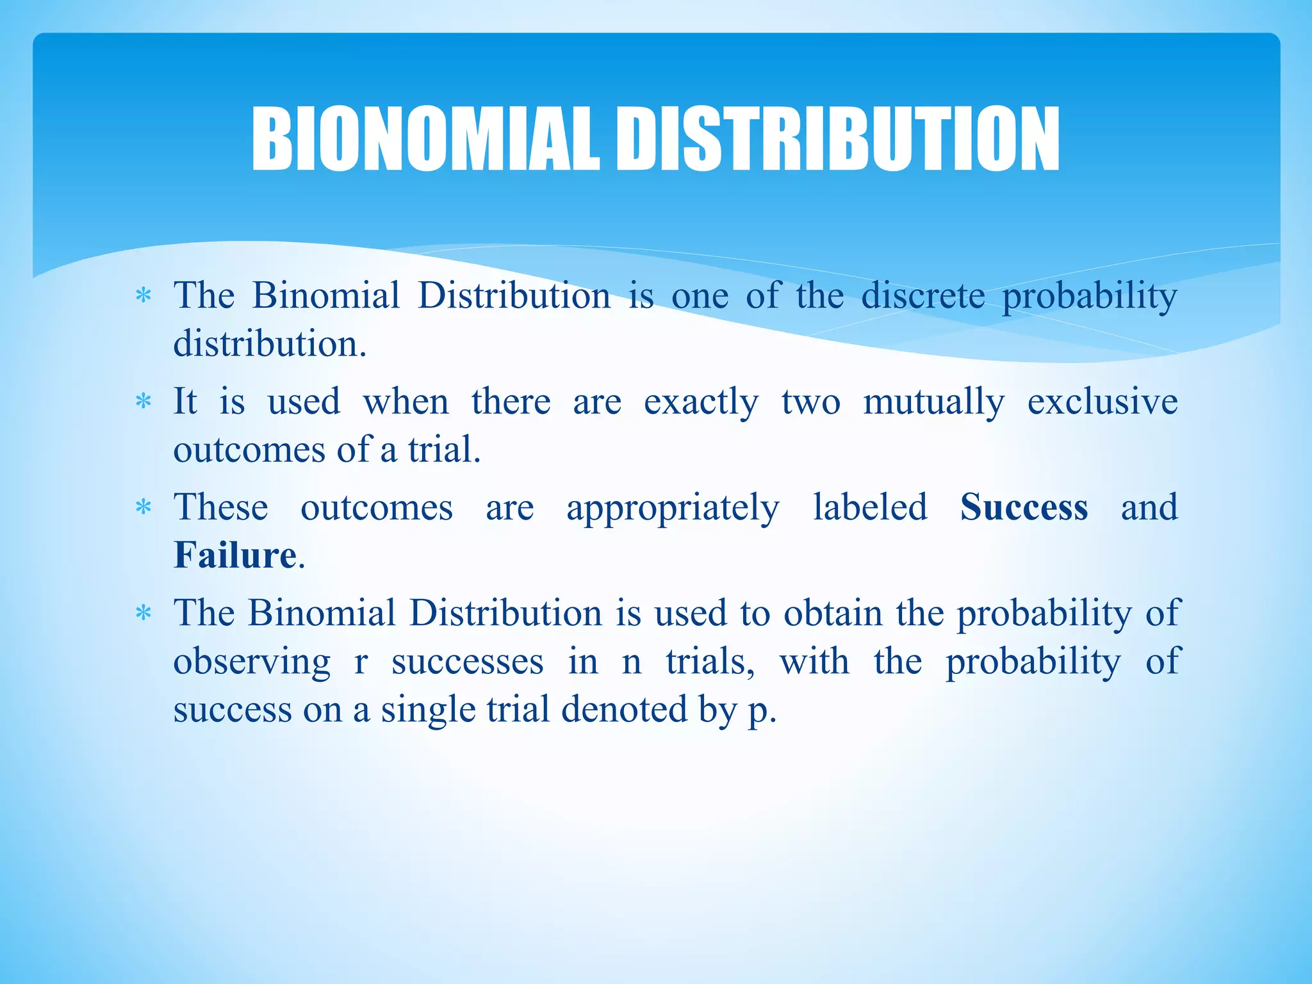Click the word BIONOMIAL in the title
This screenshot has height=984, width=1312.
pyautogui.click(x=425, y=139)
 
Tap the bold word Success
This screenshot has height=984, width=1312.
pyautogui.click(x=1024, y=507)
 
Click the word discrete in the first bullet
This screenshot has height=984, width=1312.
pyautogui.click(x=922, y=296)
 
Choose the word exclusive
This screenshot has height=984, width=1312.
pyautogui.click(x=1102, y=402)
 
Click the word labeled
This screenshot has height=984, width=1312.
pyautogui.click(x=870, y=507)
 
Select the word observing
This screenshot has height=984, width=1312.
pyautogui.click(x=252, y=662)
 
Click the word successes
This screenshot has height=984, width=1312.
pyautogui.click(x=468, y=662)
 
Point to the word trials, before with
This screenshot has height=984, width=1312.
pyautogui.click(x=710, y=662)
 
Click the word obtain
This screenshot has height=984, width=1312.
pyautogui.click(x=833, y=613)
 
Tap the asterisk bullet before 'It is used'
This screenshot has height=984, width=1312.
pyautogui.click(x=143, y=403)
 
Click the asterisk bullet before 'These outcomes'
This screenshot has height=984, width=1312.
pyautogui.click(x=143, y=509)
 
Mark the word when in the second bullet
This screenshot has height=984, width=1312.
pyautogui.click(x=406, y=402)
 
